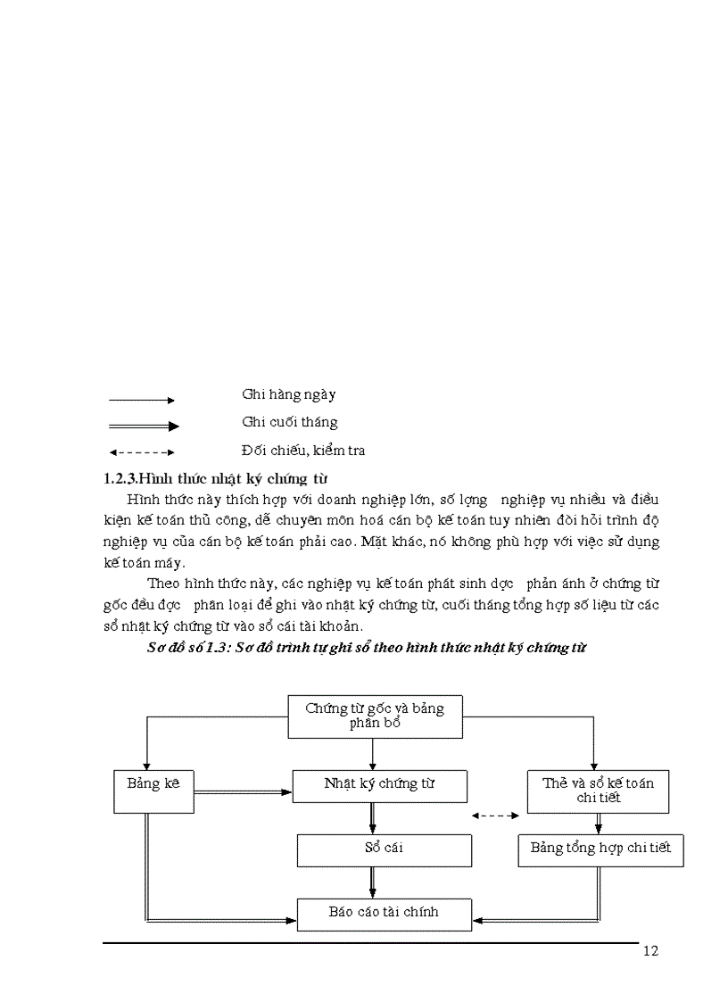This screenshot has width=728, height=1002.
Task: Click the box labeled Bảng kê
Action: [153, 791]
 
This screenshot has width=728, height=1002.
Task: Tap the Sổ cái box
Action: [384, 849]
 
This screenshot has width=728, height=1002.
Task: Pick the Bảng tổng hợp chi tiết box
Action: [600, 849]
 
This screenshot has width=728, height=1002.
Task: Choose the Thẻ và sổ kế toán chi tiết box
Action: [598, 791]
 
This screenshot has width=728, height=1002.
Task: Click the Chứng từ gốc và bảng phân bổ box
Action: [375, 716]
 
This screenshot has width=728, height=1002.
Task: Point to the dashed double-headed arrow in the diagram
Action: [495, 815]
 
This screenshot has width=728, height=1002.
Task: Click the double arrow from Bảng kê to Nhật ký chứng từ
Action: [243, 791]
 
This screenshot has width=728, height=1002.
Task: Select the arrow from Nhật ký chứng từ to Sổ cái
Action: [373, 817]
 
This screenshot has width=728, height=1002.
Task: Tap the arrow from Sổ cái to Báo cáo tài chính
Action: [373, 882]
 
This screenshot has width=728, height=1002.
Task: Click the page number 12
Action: [649, 951]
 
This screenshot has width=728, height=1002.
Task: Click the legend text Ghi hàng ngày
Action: [288, 394]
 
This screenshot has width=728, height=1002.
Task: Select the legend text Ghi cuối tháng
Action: [289, 423]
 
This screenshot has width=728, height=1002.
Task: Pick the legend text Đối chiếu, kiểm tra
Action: [302, 451]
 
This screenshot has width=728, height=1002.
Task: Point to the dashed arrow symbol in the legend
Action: [140, 452]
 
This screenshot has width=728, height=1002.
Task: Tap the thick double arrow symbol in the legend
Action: [143, 426]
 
